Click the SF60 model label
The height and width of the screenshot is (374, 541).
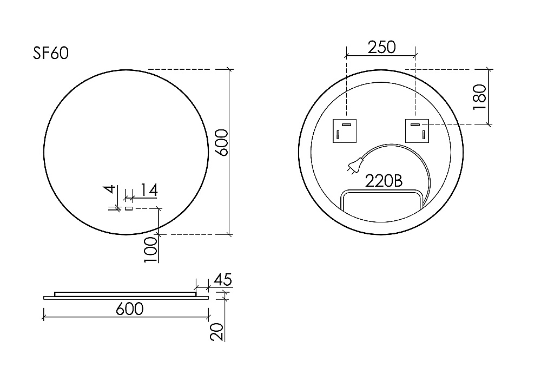coord(51,53)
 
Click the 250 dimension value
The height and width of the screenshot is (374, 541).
coord(381,47)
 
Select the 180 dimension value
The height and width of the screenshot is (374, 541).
coord(480,97)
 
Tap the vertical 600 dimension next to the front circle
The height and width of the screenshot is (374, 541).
coord(221,143)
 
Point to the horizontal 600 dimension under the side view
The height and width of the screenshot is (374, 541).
coord(130,309)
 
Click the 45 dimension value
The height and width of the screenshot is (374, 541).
coord(223,279)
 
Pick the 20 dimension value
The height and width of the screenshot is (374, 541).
coord(217,332)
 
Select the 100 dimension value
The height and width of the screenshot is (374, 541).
coord(151,250)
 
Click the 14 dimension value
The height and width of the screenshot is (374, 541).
coord(149,190)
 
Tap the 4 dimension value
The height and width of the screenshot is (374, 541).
coord(110,189)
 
